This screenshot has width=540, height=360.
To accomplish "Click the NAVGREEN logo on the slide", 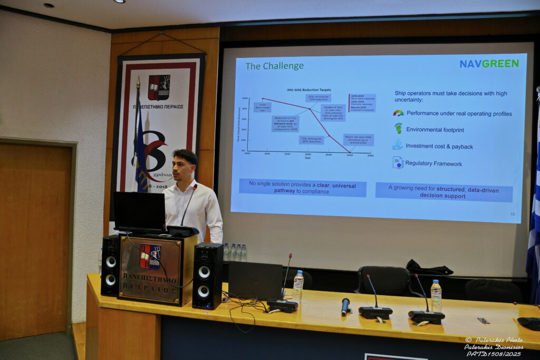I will pyautogui.click(x=489, y=63).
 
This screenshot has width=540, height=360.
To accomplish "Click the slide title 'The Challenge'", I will pyautogui.click(x=274, y=66).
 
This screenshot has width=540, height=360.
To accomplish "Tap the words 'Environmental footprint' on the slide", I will pyautogui.click(x=435, y=129).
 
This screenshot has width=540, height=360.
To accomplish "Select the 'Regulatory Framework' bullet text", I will pyautogui.click(x=433, y=163).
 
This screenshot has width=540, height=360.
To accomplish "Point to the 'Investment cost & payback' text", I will pyautogui.click(x=439, y=146).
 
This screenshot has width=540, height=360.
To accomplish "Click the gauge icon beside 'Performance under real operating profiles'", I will pyautogui.click(x=398, y=113).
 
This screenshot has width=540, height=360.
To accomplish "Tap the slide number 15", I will pyautogui.click(x=512, y=213).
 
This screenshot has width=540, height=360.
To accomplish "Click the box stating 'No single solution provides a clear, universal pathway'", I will pyautogui.click(x=302, y=188).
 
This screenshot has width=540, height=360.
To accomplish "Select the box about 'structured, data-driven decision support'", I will pyautogui.click(x=443, y=191).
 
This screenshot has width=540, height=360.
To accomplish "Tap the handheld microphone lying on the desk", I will pyautogui.click(x=345, y=306).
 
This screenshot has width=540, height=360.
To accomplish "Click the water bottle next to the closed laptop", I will pyautogui.click(x=298, y=286).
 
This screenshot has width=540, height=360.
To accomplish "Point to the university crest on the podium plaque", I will pyautogui.click(x=150, y=256).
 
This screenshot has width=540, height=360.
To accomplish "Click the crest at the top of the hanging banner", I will pyautogui.click(x=159, y=87).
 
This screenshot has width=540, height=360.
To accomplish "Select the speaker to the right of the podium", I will pyautogui.click(x=207, y=275).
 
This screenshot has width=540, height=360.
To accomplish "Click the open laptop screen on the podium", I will pyautogui.click(x=140, y=210).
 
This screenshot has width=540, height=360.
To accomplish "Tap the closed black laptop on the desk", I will pyautogui.click(x=255, y=281).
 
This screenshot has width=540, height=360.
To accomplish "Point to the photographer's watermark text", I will pyautogui.click(x=494, y=346).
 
